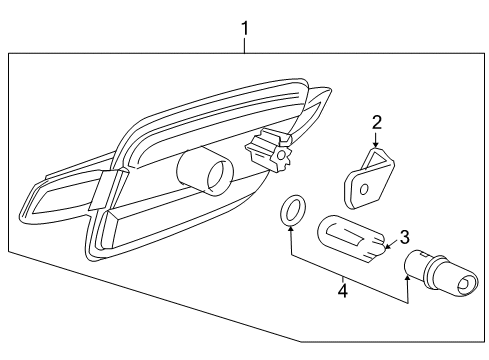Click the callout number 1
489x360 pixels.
click(245, 29)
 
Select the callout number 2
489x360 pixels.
click(377, 123)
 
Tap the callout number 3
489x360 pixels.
click(404, 237)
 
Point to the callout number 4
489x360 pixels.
click(343, 291)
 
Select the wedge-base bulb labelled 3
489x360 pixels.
click(351, 239)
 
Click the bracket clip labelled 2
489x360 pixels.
click(369, 179)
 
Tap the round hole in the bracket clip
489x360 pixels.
click(364, 189)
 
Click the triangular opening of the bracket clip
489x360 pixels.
click(377, 160)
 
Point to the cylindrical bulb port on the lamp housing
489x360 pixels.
click(205, 170)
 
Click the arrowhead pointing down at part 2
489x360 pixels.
click(376, 144)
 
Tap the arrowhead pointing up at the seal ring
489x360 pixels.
click(291, 229)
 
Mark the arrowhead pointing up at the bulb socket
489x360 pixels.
click(407, 278)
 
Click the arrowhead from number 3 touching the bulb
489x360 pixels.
click(388, 247)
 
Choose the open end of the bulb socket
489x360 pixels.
click(465, 284)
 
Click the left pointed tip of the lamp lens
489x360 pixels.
click(22, 214)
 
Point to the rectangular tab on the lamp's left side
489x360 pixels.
click(102, 190)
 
